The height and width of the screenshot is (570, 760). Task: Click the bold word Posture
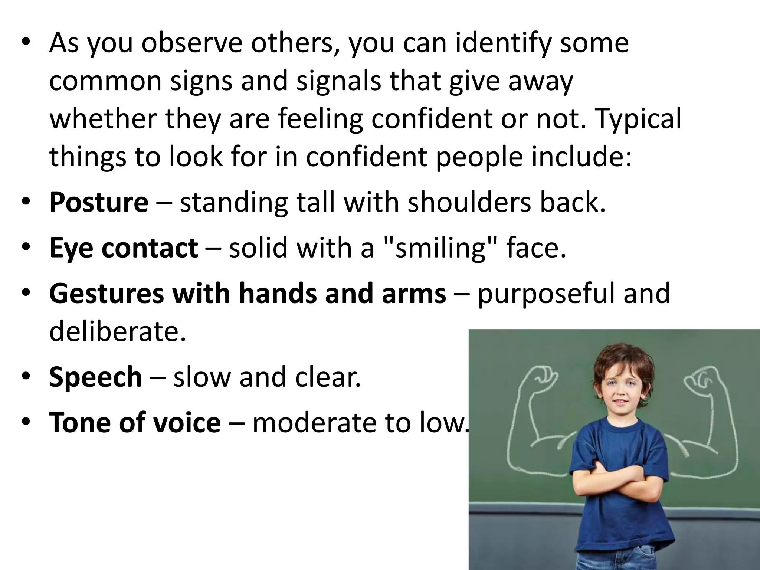[98, 203]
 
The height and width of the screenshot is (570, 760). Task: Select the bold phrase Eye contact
[123, 248]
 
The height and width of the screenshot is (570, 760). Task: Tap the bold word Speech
[95, 377]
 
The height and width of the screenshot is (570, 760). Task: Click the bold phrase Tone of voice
[135, 422]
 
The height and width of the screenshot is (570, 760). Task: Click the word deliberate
[117, 331]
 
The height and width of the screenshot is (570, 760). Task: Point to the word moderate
[315, 422]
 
